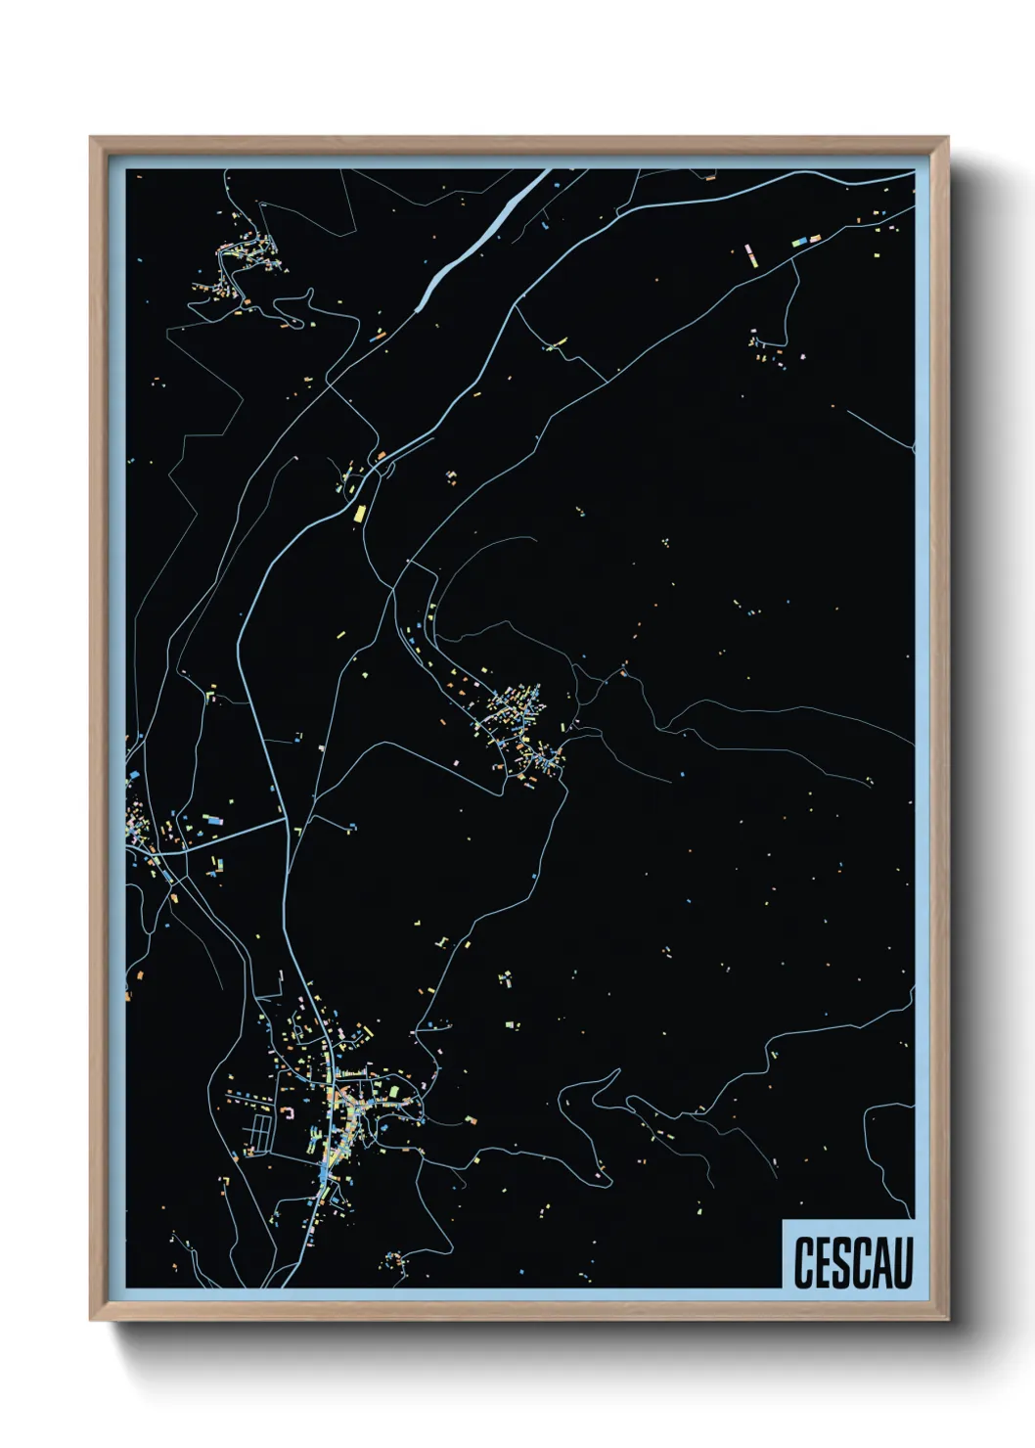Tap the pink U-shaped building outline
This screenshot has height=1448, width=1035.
[x=289, y=1113]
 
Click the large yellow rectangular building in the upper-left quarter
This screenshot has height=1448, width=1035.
[x=359, y=512]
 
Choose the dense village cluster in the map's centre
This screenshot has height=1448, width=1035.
[x=518, y=724]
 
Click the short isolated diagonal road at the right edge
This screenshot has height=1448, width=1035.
[x=879, y=429]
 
